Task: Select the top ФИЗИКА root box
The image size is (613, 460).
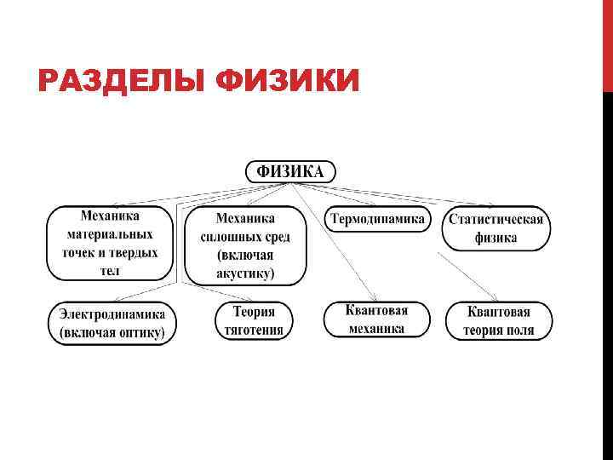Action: (x=290, y=171)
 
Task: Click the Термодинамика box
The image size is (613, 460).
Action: (x=377, y=219)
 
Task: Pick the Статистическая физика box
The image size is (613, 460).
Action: (x=496, y=228)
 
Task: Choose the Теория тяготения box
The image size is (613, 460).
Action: (x=254, y=320)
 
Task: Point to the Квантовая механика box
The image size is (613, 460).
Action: (x=377, y=319)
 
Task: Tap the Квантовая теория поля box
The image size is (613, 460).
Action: (x=499, y=320)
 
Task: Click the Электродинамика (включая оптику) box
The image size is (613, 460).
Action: (x=112, y=323)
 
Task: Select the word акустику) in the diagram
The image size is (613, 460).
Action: (x=246, y=273)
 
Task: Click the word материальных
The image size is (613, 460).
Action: (x=109, y=234)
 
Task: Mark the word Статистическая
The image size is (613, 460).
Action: (x=496, y=219)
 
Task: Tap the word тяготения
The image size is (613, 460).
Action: (x=254, y=330)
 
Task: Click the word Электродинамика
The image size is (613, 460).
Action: (x=112, y=313)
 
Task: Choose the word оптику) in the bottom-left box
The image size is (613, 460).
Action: (x=138, y=332)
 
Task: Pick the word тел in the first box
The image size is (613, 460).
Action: (x=109, y=271)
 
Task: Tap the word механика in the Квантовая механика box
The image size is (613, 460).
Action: (x=377, y=328)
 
